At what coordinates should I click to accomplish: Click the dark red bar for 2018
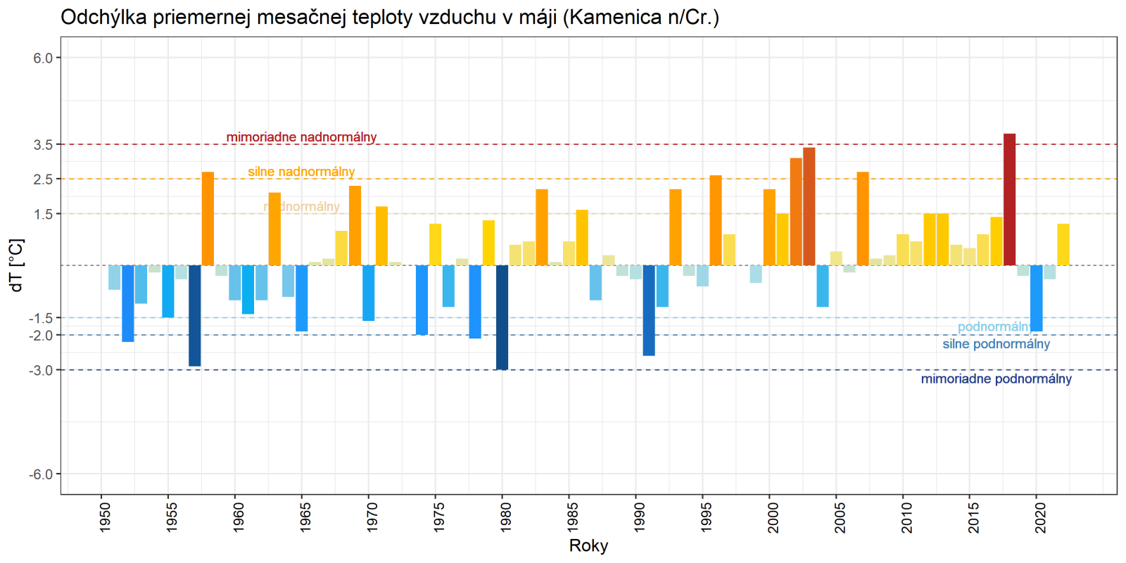coord(1009,199)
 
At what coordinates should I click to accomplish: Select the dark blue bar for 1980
coord(502,317)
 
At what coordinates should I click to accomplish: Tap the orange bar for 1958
coord(208,219)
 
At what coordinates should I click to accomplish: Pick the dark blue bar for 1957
coord(195,315)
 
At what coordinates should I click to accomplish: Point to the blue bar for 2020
coord(1036,298)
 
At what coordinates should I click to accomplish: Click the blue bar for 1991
coord(649,310)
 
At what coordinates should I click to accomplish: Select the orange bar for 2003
coord(809,206)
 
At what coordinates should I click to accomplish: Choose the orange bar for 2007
coord(863,219)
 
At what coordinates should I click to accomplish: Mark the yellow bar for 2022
coord(1063,244)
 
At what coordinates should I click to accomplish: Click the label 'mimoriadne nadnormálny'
coord(301,137)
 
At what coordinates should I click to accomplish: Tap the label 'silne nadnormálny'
coord(301,172)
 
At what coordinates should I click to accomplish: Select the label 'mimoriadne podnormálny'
coord(996,379)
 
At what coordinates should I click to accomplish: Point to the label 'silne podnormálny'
coord(996,344)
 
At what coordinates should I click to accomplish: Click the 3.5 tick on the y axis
coord(43,145)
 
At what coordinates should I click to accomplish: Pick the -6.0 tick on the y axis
coord(41,474)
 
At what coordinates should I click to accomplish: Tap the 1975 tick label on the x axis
coord(439,517)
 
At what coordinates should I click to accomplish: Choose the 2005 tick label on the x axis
coord(840,517)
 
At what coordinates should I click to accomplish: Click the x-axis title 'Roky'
coord(588,546)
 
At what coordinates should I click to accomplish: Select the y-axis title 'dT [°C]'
coord(16,265)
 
